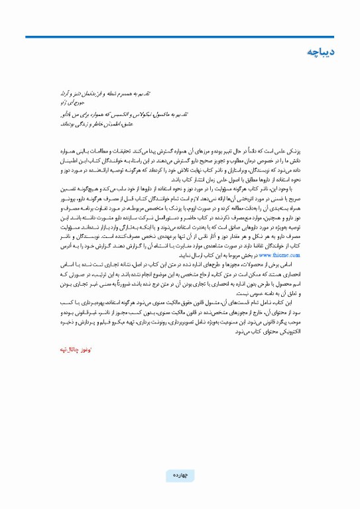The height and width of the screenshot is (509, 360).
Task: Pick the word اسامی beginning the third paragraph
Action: pos(312,263)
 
